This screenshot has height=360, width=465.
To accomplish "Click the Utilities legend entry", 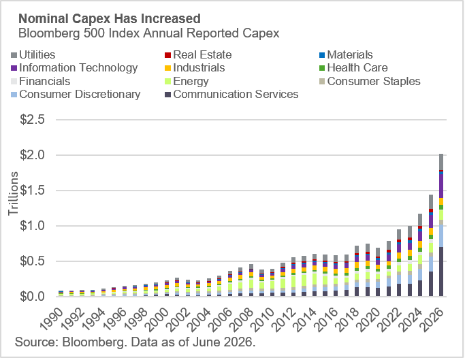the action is tap(33, 55).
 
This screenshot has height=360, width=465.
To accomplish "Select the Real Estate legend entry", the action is tap(198, 55).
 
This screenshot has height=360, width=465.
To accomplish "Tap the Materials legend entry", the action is tap(346, 55).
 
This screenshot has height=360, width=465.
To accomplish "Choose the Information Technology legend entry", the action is tap(74, 68).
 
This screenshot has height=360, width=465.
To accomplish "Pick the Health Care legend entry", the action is tap(353, 68).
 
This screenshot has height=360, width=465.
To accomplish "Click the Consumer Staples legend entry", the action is tap(370, 81).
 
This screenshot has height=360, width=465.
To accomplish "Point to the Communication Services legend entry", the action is tap(231, 95).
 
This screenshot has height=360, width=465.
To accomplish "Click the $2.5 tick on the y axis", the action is tap(32, 120).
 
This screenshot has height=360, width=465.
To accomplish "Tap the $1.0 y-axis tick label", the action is tap(32, 226).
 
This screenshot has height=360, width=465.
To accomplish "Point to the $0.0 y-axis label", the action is tap(32, 296).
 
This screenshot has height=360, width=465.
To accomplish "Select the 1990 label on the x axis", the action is tap(52, 319).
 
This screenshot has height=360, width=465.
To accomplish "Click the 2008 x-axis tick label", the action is tap(243, 319).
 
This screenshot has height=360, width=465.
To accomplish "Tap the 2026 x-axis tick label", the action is tap(433, 319).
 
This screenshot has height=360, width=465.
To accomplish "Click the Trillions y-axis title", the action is tap(13, 194).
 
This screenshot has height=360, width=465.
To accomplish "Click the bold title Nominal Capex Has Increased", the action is tap(110, 18).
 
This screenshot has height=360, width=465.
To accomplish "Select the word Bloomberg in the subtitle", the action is tap(49, 33).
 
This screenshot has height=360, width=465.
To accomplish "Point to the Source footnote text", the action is tap(135, 342).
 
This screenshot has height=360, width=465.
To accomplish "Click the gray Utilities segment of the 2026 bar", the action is tap(441, 162).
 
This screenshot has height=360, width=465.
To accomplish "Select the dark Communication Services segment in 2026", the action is tap(441, 272).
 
